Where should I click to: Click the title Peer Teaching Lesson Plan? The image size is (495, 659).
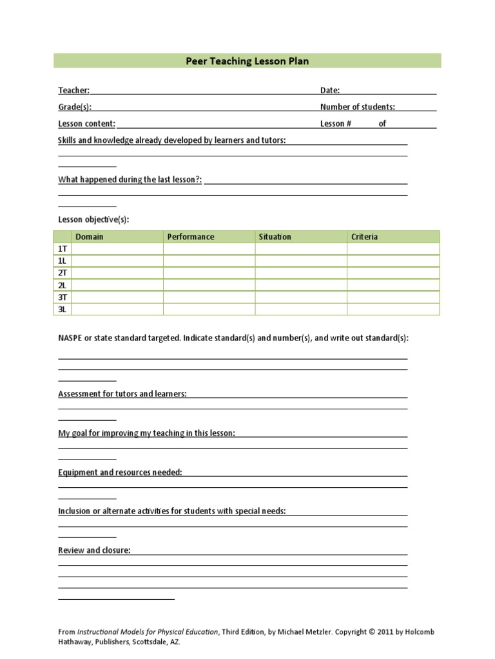coord(247,61)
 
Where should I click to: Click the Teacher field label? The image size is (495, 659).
coord(73,91)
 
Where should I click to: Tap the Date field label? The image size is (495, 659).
coord(329,91)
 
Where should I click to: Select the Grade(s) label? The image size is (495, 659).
coord(75,107)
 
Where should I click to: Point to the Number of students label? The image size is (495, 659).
coord(358,107)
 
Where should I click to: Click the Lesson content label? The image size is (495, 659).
coord(86,124)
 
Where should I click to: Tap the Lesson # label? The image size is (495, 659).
coord(335,124)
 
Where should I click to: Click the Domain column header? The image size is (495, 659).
coord(89,237)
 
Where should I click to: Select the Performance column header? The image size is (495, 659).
coord(191,237)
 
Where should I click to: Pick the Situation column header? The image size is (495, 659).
coord(275,237)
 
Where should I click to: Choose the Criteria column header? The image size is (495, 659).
coord(364,237)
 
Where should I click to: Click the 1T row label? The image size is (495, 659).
coord(63,249)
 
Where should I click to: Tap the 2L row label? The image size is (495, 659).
coord(63,285)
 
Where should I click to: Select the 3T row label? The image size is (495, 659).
coord(63,297)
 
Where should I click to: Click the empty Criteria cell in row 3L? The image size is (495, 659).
coord(393,310)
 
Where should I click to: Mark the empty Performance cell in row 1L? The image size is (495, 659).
coord(209,261)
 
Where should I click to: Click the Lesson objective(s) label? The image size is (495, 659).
coord(93,219)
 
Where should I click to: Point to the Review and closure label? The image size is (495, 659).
coord(94,550)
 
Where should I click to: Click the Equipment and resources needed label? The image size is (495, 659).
coord(120,472)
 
